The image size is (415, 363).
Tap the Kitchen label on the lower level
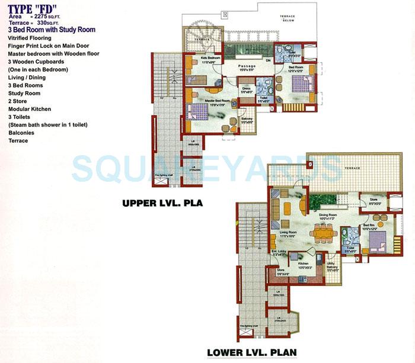pos(304,265)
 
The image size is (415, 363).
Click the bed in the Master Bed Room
pos(198,113)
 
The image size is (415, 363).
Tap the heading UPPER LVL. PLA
pos(162,203)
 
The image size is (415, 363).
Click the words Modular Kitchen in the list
pos(30,110)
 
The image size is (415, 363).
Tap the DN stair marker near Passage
pos(267,60)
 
